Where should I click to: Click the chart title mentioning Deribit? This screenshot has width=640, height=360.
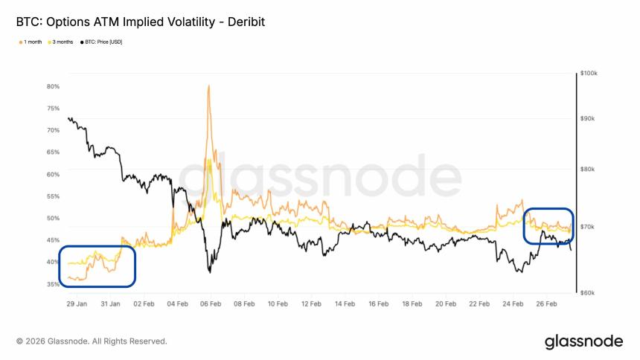click(x=141, y=22)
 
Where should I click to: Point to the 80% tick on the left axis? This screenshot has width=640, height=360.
click(x=53, y=86)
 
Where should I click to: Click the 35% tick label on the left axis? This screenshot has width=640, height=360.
click(x=53, y=284)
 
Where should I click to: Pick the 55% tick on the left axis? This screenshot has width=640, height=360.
click(x=53, y=196)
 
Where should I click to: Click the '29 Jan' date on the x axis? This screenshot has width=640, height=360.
click(x=77, y=304)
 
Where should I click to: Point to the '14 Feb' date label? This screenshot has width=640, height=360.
click(x=345, y=304)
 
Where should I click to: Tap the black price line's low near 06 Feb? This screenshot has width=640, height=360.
click(x=210, y=272)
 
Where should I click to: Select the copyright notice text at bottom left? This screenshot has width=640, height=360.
click(x=92, y=341)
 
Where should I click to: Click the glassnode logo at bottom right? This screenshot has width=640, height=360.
click(x=583, y=341)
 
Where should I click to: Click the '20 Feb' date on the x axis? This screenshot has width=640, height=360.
click(x=446, y=304)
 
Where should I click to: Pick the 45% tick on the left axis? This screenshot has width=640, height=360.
click(x=53, y=240)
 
